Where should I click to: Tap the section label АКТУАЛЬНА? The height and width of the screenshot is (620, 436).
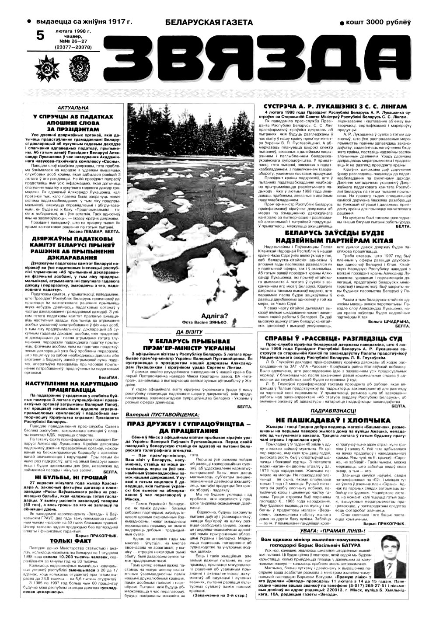click(x=73, y=108)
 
